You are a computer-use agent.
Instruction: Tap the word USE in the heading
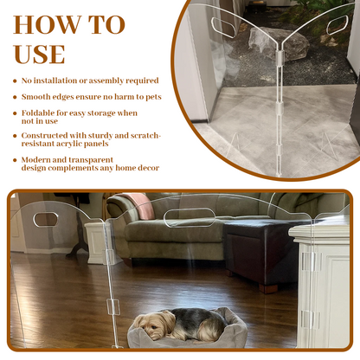click(38, 54)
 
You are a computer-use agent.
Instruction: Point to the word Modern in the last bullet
click(38, 160)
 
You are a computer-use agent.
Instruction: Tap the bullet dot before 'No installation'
click(15, 80)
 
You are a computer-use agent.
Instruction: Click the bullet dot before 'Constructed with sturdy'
click(15, 136)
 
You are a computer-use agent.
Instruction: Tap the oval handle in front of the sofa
click(189, 214)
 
